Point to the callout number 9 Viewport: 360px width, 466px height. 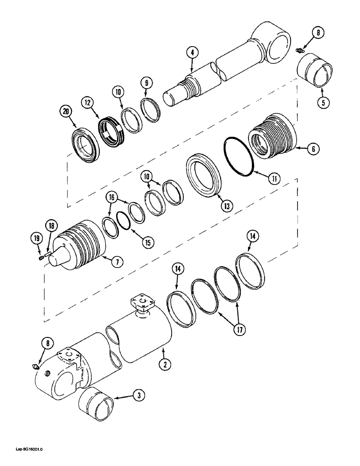point(147,84)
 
